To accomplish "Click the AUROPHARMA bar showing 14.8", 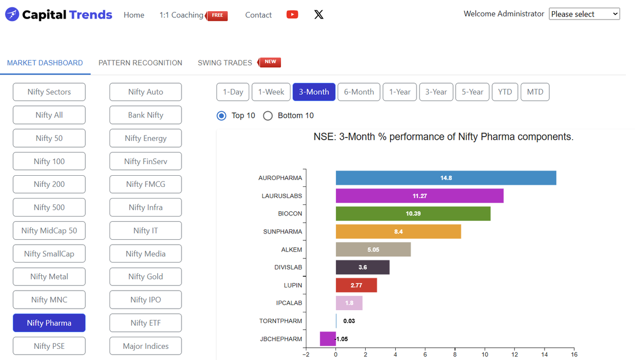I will tap(446, 178).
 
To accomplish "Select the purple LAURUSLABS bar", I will tap(419, 196).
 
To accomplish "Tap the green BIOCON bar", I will tap(413, 214).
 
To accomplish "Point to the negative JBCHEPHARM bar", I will tap(328, 339).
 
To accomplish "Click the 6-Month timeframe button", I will tap(359, 92).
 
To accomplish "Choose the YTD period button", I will tap(505, 92).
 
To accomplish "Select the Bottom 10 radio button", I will tap(268, 116).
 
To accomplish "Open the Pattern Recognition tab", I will tap(140, 63).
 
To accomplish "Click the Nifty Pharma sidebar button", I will tap(49, 323).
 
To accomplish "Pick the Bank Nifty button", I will tap(146, 115).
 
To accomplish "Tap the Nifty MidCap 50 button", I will tap(49, 230).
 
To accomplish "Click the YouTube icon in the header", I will tap(292, 15).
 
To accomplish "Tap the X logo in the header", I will tap(319, 15).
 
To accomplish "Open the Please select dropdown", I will tap(584, 14).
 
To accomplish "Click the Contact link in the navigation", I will tap(258, 15).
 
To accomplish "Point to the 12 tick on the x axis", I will tap(514, 355).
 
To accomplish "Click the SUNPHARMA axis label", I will tap(283, 232).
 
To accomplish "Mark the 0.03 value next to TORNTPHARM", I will tap(349, 321).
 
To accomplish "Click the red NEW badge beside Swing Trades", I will tap(270, 62).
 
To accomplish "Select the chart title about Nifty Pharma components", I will tap(443, 137).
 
